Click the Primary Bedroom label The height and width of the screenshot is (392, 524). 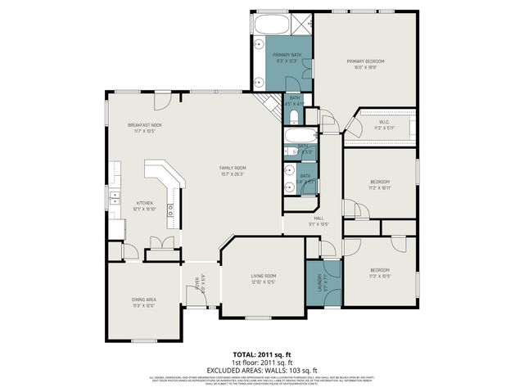coord(365,61)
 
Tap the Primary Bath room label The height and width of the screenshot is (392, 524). coord(282,55)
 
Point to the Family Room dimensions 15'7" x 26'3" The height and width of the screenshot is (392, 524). coord(233,174)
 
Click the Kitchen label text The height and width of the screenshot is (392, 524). coord(145,204)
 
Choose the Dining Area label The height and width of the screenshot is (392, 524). coord(144,300)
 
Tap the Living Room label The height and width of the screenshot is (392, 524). coord(263,276)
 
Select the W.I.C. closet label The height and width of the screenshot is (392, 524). coord(384,123)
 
